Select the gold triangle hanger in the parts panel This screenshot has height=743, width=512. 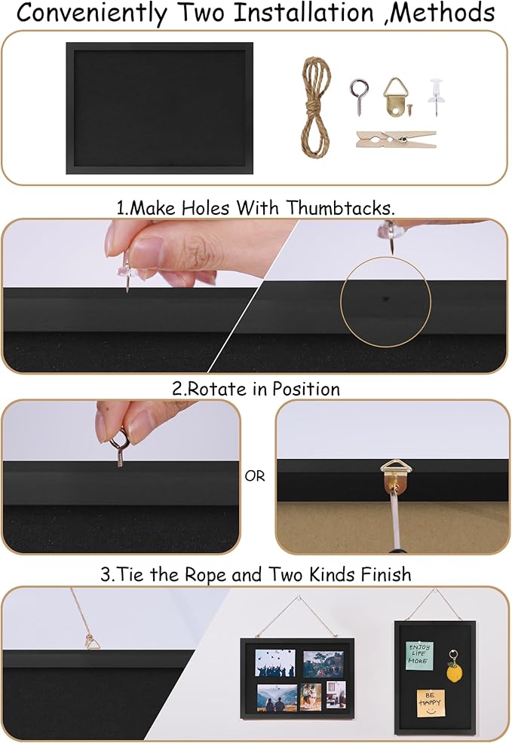point(395,97)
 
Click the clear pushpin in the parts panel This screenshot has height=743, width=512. point(435,97)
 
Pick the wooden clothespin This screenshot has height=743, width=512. point(396,139)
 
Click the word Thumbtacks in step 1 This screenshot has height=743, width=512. point(340,208)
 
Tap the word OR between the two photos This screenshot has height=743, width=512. point(255,476)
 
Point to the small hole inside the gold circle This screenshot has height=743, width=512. point(385,299)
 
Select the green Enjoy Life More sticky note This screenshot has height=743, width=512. point(419,656)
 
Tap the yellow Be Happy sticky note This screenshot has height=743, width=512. point(431,703)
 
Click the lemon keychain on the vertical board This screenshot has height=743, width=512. point(454,667)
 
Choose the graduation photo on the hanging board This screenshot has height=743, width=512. point(275,662)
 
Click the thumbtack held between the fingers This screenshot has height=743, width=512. point(126,270)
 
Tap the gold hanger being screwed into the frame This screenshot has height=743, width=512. point(396,477)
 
